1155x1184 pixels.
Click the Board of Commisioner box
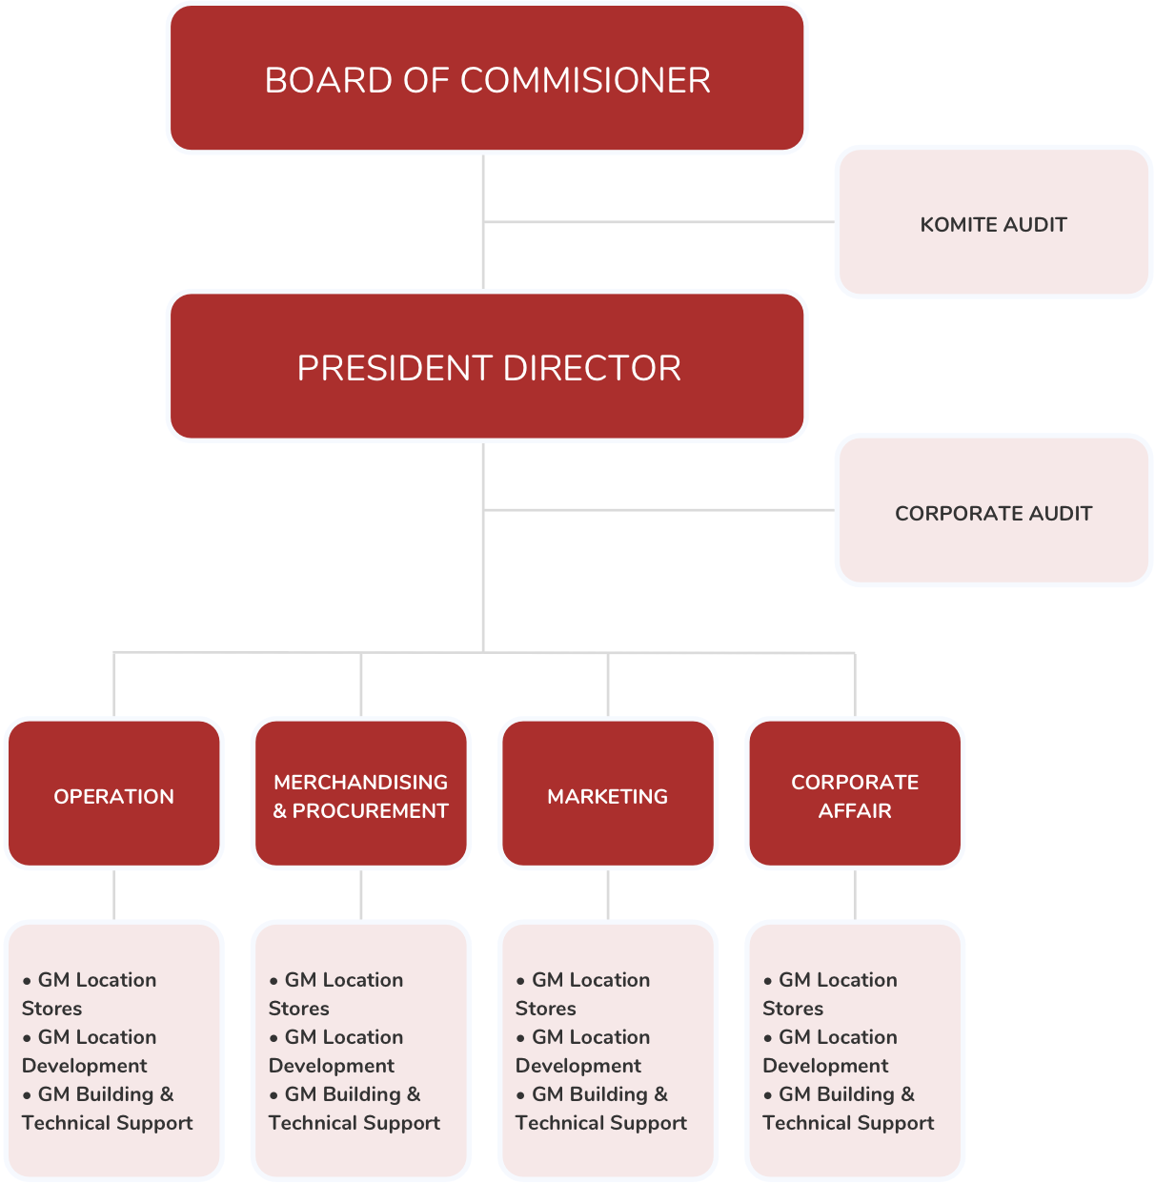[x=487, y=79]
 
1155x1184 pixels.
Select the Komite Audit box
[x=993, y=222]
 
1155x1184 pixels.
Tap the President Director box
[x=487, y=367]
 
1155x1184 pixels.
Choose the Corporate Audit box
[x=993, y=511]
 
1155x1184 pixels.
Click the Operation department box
[x=114, y=794]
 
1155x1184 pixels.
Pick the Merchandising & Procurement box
[x=361, y=794]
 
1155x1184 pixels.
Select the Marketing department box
[x=608, y=794]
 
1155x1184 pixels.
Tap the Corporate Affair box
[x=855, y=794]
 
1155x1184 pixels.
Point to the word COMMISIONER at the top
[x=585, y=80]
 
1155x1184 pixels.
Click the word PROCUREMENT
[x=370, y=811]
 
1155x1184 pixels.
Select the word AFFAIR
[x=855, y=811]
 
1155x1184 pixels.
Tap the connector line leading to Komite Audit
[x=658, y=222]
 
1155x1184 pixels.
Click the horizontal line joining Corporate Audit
[x=658, y=510]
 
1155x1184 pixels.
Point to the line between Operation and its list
[x=114, y=894]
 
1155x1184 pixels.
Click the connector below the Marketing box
[x=608, y=894]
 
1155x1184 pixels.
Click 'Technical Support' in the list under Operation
[x=108, y=1123]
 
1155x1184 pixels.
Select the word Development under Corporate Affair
[x=825, y=1066]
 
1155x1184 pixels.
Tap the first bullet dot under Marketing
[x=521, y=981]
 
